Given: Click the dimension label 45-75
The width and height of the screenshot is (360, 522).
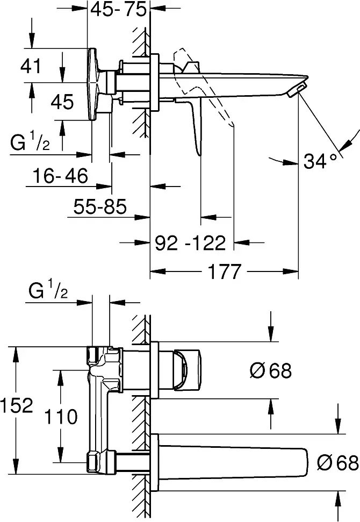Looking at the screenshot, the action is [118, 9].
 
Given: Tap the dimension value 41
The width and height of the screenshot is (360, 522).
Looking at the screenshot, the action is [31, 66].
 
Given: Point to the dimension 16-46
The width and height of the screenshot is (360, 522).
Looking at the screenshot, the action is [60, 175].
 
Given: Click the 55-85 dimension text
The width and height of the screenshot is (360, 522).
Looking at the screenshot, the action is [100, 206].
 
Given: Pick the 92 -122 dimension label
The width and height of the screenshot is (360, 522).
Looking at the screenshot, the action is [191, 243].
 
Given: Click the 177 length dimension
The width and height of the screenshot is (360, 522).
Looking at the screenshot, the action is [224, 271].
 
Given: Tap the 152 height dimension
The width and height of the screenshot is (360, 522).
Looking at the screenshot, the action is [17, 405].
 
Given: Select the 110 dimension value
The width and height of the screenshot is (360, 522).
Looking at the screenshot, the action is [61, 417].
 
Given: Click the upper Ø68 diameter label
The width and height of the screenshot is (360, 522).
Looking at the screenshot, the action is [270, 370].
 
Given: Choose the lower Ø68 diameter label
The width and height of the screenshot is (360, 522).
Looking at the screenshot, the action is [338, 462].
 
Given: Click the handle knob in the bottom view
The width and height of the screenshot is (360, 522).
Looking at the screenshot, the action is [187, 369].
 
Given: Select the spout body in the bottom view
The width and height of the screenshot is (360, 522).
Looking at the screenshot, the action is [233, 462].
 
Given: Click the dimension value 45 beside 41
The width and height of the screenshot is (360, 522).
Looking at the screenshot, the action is [62, 102].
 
